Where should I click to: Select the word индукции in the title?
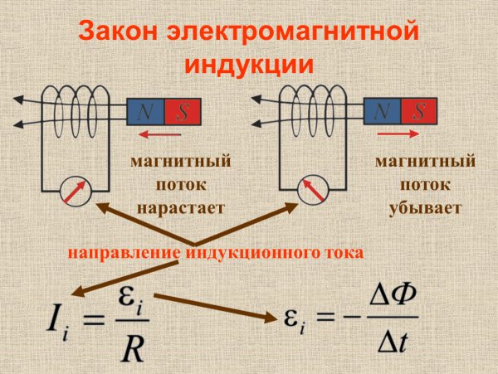[248, 64]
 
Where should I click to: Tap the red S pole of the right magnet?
[419, 111]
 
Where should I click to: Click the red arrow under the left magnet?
[159, 132]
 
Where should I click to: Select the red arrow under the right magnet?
[399, 132]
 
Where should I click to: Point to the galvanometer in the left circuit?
[72, 190]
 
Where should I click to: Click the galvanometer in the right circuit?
[310, 190]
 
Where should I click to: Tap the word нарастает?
[179, 207]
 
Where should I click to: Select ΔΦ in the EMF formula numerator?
[389, 303]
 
